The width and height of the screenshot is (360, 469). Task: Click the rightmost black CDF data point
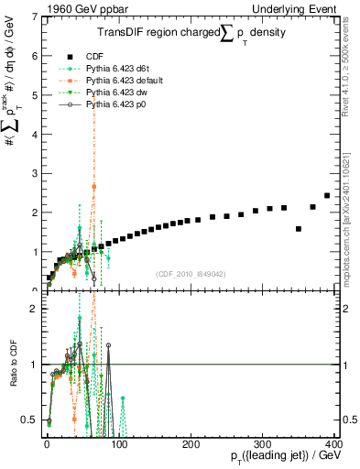click(x=327, y=195)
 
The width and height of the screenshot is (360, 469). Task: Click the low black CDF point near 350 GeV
click(x=299, y=229)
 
